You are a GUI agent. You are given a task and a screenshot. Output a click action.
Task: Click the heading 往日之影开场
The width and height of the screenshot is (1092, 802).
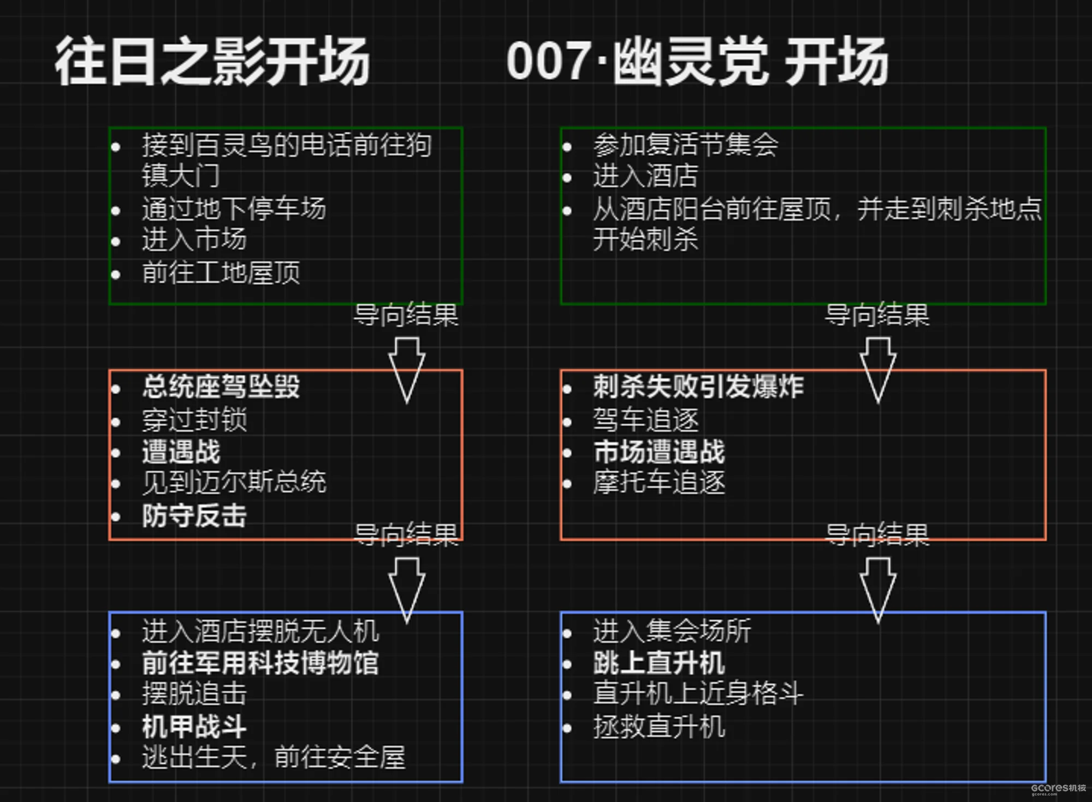coord(212,61)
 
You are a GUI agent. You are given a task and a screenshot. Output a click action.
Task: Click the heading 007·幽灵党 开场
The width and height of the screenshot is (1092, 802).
coord(697,61)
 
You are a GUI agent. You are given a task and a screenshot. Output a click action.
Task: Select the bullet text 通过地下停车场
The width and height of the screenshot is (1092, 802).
coord(234,209)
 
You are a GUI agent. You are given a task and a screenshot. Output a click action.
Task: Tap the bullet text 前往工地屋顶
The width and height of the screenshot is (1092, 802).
coord(221,272)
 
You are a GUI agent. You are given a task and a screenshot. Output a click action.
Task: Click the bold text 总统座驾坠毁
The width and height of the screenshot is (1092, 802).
coord(221,387)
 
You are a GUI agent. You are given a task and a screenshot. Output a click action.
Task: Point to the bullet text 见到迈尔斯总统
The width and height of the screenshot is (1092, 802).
coord(234,482)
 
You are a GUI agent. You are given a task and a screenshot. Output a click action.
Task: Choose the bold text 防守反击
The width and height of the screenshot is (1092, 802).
coord(194,515)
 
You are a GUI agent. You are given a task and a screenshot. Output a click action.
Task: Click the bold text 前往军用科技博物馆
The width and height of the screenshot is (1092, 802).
coord(260,663)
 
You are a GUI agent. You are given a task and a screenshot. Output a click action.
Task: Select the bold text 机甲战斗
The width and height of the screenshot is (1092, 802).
coord(194,726)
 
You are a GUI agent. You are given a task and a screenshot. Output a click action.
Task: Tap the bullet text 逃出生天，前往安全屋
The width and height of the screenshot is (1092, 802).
coord(273,758)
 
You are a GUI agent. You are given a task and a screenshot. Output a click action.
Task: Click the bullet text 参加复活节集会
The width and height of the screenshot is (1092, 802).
coord(686,145)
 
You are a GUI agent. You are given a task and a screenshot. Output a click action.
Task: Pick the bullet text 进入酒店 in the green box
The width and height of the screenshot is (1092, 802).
coord(645,176)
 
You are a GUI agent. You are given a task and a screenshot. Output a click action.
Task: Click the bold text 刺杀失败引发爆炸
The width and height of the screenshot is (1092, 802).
coord(698,387)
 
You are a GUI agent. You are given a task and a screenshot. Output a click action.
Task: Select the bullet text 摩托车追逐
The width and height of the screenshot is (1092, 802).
coord(659,482)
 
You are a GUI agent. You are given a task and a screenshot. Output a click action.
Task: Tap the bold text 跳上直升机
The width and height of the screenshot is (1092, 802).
coord(659,663)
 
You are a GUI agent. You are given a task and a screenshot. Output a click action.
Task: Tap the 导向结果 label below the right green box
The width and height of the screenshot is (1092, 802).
coord(877,315)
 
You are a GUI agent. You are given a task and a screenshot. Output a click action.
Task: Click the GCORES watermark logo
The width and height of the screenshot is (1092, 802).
coord(1058,788)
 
